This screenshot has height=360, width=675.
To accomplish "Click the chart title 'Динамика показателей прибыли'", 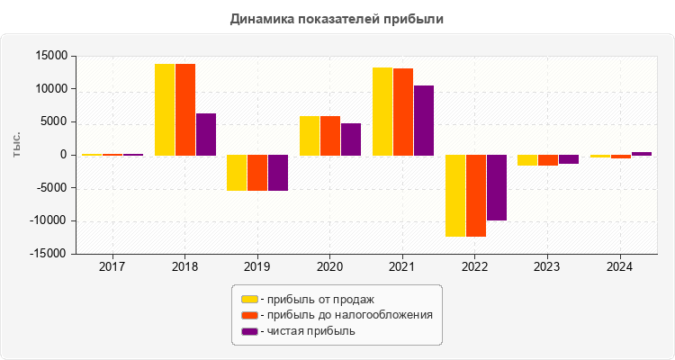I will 337,18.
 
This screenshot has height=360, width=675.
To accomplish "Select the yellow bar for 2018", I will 165,110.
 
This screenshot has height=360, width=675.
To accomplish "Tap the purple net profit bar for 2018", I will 206,134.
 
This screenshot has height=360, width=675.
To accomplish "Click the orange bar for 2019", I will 257,173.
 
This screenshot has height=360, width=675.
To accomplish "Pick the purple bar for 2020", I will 351,139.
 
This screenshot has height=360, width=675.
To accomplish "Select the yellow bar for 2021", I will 382,112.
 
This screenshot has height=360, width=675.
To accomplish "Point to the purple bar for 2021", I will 423,121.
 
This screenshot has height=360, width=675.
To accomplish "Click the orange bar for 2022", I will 475,195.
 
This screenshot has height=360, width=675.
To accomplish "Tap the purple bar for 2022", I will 496,187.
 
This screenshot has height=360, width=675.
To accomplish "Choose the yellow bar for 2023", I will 526,160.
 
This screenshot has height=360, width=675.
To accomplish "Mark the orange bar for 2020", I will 330,136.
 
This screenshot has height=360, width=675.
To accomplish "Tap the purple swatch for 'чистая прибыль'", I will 249,331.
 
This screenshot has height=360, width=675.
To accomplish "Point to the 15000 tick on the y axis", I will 51,56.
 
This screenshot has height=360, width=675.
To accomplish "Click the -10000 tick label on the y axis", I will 49,221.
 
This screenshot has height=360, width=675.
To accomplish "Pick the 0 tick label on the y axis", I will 64,155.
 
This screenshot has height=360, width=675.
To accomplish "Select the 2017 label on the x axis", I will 112,266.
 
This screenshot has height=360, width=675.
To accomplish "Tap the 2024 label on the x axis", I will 619,266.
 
